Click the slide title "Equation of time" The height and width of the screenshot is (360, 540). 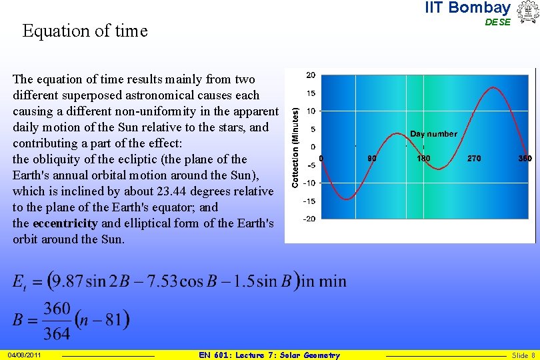click(x=85, y=31)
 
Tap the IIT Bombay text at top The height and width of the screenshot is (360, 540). click(x=467, y=8)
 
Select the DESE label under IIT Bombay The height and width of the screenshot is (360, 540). click(x=497, y=22)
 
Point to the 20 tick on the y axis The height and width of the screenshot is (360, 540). click(x=311, y=75)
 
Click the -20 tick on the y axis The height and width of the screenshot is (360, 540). click(x=310, y=219)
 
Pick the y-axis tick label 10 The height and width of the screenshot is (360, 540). click(x=311, y=111)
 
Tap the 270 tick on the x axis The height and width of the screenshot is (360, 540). click(x=474, y=159)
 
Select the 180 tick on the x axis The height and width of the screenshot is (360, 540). click(x=423, y=159)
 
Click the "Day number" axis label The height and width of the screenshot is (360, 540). click(x=433, y=134)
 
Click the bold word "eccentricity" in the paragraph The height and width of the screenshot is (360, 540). click(x=65, y=223)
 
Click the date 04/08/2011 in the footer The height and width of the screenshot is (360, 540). click(x=25, y=355)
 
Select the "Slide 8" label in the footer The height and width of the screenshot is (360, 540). click(x=523, y=355)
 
